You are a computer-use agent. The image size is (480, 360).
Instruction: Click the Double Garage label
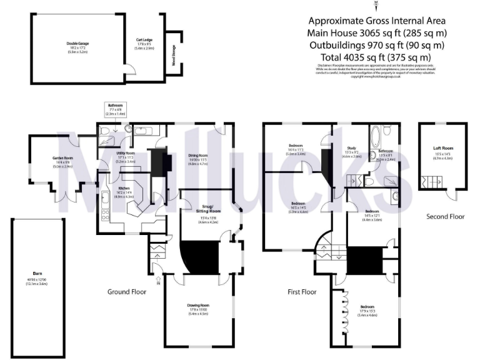pyautogui.click(x=78, y=44)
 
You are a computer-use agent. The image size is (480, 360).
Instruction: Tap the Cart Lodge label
pyautogui.click(x=145, y=39)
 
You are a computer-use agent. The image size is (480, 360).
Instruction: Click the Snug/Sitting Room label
pyautogui.click(x=207, y=206)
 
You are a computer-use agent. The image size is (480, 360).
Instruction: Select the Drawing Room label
pyautogui.click(x=197, y=305)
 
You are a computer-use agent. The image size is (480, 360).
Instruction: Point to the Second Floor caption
pyautogui.click(x=445, y=217)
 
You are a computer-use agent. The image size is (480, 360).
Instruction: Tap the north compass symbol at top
pyautogui.click(x=376, y=6)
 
